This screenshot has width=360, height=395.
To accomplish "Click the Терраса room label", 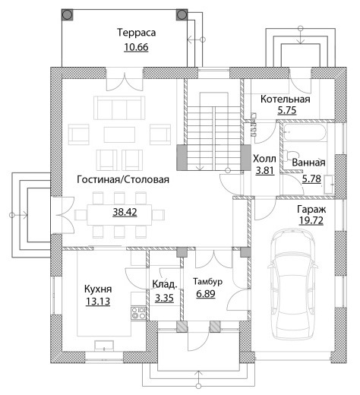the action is click(x=136, y=33).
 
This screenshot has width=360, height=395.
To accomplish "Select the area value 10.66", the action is click(x=136, y=47).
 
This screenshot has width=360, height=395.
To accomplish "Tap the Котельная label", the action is click(x=286, y=99).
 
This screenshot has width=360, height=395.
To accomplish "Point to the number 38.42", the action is click(x=125, y=212).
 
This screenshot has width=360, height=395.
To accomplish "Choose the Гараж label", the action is click(x=311, y=210).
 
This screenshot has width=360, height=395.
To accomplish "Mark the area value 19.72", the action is click(x=311, y=220).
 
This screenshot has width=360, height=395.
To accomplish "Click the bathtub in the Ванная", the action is click(x=305, y=132).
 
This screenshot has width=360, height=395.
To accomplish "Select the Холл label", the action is click(x=264, y=159).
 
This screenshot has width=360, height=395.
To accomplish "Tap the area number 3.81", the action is click(x=265, y=170).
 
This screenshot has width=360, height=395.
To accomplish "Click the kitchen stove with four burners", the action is click(x=138, y=313).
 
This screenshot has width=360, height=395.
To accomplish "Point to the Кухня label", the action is click(x=98, y=289).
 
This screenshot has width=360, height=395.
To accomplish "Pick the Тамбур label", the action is click(x=208, y=282).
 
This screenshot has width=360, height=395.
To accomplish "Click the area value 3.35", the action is click(x=164, y=298).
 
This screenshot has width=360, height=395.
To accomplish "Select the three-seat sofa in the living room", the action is click(x=119, y=108).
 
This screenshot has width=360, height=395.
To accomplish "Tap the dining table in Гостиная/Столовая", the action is click(x=119, y=215).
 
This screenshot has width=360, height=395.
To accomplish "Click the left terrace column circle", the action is click(x=68, y=15).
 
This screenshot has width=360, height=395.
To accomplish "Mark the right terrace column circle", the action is click(x=182, y=15).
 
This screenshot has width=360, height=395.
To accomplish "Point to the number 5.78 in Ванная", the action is click(x=311, y=179).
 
